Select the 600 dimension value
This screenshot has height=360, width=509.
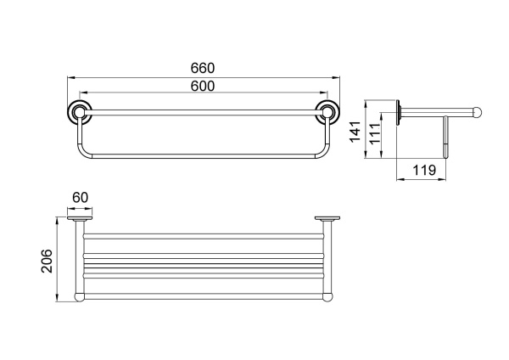coord(202,86)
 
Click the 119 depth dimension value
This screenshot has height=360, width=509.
coord(423,170)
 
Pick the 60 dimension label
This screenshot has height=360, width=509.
coord(80,198)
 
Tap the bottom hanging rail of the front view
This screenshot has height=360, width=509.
coord(202,159)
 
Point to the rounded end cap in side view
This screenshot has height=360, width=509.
coord(478,110)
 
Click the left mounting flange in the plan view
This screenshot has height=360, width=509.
coord(79,220)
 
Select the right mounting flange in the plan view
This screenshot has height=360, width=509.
coord(326,220)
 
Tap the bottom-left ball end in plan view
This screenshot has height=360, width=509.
coord(79,297)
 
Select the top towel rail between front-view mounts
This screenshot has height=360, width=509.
coord(202,110)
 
